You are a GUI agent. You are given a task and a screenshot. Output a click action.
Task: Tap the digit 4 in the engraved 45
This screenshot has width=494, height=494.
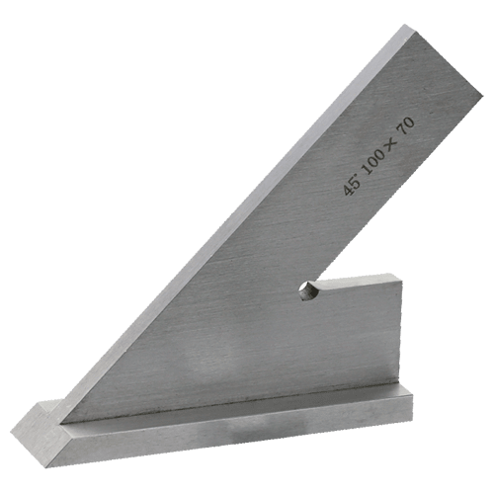(x=347, y=190)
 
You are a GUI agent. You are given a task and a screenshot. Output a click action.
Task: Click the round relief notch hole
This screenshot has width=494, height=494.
(x=308, y=290)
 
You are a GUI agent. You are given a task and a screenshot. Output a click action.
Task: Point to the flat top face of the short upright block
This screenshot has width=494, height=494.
(x=358, y=279)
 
